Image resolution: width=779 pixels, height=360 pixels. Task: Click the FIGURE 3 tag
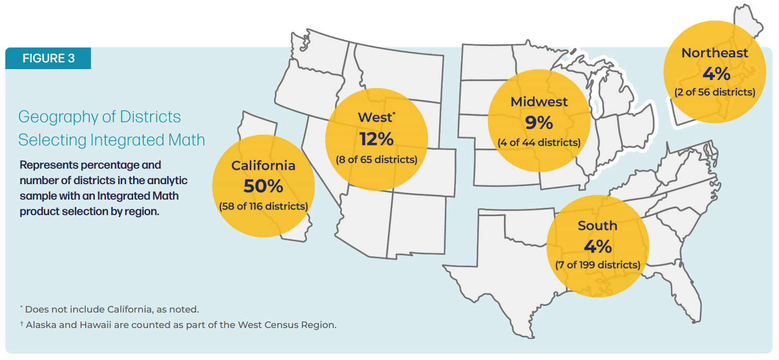48,58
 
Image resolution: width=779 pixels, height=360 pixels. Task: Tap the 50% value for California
263,186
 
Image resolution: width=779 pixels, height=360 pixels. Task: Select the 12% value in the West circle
377,139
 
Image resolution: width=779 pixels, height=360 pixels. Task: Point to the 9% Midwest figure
539,122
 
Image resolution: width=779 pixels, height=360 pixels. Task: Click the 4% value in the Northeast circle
716,74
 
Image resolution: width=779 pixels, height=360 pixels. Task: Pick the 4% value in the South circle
597,246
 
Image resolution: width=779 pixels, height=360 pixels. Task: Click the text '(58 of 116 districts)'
263,206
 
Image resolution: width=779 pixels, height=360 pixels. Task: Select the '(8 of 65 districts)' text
377,159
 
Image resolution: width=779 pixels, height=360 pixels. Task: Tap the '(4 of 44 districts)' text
539,142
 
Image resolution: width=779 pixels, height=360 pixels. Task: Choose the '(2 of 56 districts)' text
715,92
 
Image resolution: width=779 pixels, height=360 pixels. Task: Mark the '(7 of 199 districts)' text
597,265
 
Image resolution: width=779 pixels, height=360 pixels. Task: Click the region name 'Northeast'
715,53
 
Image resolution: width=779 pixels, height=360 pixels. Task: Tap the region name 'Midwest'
539,102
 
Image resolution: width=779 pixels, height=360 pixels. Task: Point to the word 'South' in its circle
597,225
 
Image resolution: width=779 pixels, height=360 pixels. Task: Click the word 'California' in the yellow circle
263,165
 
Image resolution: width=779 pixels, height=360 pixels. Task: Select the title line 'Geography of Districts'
100,117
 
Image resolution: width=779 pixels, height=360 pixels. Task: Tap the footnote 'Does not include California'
111,309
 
